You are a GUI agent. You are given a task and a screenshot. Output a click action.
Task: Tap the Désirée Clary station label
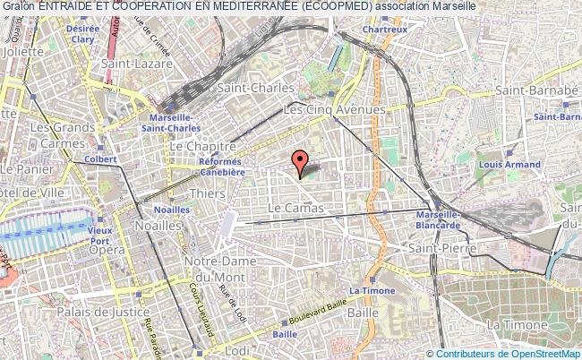[82, 34]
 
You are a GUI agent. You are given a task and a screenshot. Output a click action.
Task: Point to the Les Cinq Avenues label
[334, 109]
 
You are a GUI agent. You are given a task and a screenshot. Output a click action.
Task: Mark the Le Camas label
[295, 208]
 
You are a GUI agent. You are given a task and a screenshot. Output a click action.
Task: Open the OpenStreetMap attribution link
[537, 353]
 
